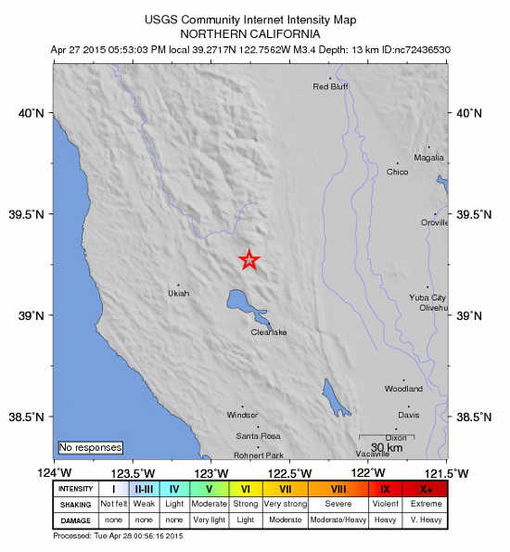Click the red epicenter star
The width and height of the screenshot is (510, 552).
point(249,260)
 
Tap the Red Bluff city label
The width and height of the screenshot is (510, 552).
point(329,87)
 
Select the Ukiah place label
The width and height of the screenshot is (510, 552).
point(178,293)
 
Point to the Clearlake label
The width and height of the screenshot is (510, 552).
point(269,332)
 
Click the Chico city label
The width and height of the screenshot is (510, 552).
point(397,172)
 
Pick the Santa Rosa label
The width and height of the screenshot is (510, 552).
point(258,436)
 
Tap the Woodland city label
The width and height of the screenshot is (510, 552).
point(403,388)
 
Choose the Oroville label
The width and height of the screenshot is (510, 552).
point(434,223)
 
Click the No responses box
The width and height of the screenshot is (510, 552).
point(90,447)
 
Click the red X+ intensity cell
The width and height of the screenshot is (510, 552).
point(426,489)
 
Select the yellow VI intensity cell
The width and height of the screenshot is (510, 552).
point(246,489)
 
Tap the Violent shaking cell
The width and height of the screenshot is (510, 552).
point(385,504)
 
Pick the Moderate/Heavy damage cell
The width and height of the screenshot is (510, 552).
point(338,520)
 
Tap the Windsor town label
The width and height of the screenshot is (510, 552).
point(243,416)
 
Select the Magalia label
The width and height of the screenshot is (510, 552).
point(428,158)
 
